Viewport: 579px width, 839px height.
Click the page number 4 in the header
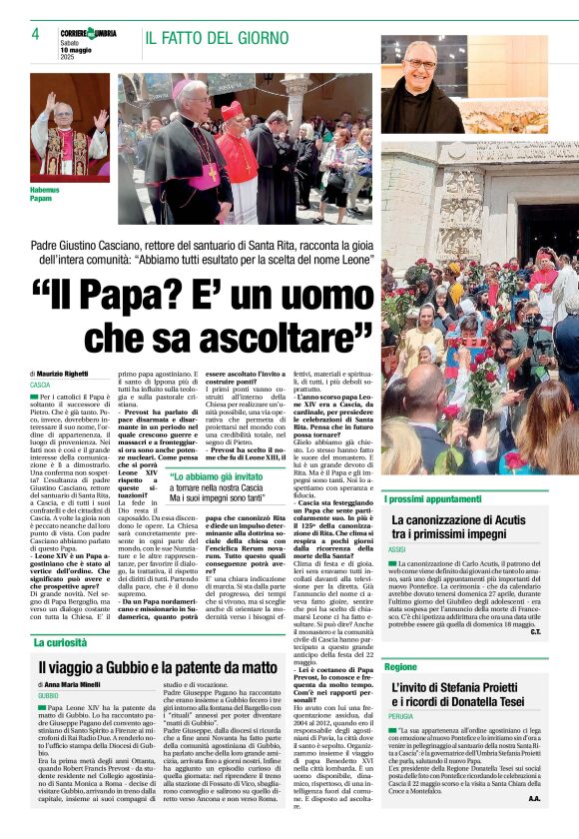point(35,34)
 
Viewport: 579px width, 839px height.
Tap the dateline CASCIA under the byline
point(40,385)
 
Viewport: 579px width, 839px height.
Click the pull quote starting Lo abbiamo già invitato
point(221,483)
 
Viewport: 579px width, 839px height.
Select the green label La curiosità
point(67,642)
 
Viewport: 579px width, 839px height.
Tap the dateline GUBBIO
point(48,695)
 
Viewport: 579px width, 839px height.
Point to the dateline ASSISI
point(397,550)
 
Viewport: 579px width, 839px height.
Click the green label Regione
point(400,665)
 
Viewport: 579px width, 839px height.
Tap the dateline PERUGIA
point(401,717)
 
